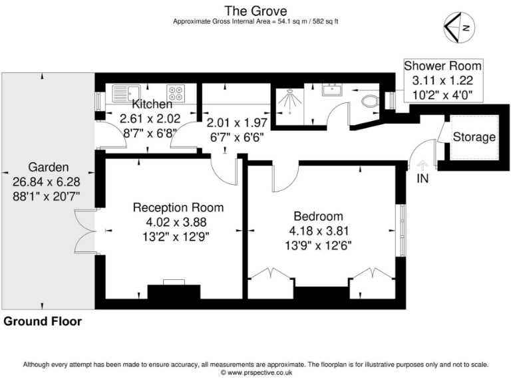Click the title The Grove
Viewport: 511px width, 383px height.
[x=255, y=10]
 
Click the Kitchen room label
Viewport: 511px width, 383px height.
[x=152, y=104]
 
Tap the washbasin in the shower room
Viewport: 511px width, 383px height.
[x=331, y=90]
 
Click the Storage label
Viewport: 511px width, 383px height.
[x=474, y=138]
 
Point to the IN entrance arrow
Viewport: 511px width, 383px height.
[x=422, y=167]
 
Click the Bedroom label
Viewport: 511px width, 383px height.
[x=319, y=216]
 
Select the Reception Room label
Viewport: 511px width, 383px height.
[x=178, y=207]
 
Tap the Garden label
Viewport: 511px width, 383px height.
[x=46, y=167]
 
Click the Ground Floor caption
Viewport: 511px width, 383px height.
[x=43, y=322]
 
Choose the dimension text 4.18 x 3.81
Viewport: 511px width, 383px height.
[x=319, y=231]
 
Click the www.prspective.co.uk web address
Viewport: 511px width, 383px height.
[x=255, y=373]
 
